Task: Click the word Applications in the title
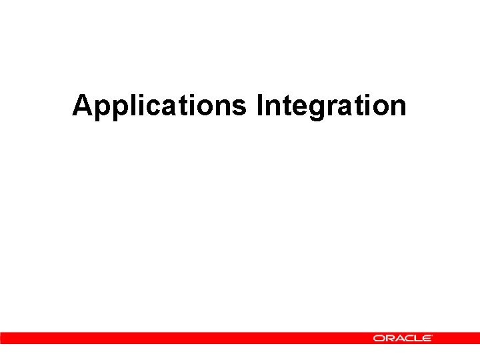(x=160, y=106)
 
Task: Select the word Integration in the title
(x=331, y=106)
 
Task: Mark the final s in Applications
(x=240, y=108)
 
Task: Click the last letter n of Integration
(x=397, y=108)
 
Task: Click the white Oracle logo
(x=403, y=339)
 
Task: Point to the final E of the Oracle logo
(x=426, y=339)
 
